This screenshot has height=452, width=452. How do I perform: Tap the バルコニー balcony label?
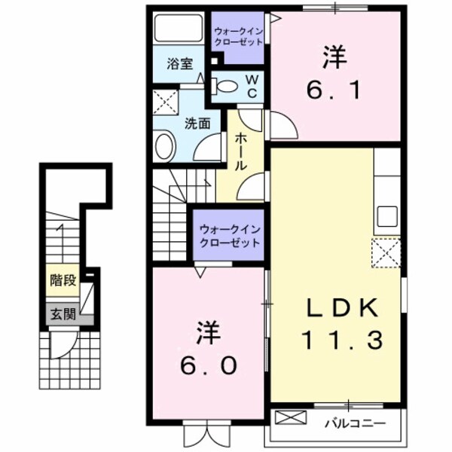tap(355, 423)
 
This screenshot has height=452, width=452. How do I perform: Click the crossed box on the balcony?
tap(292, 418)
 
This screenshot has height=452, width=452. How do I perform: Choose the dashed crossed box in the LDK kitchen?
tap(385, 253)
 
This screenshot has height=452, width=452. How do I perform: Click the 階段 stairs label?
tap(63, 281)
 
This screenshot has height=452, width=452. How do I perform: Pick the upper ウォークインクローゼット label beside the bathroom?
tap(237, 36)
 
